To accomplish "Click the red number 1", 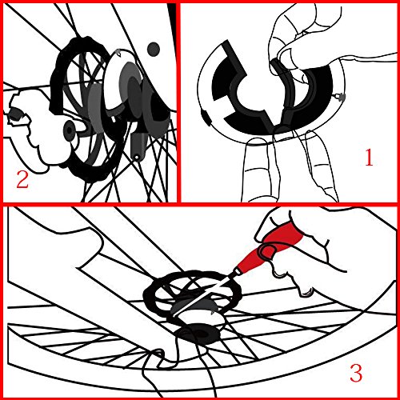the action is [x=369, y=158].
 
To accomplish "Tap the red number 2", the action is [x=22, y=179].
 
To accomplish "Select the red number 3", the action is [x=356, y=373].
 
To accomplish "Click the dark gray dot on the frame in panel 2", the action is [x=154, y=50].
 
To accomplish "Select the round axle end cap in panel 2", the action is [x=70, y=130].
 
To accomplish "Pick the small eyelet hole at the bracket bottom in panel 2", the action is [x=137, y=158].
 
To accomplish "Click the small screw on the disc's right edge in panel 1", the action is [x=339, y=97].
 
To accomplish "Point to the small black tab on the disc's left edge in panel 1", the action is [x=206, y=118].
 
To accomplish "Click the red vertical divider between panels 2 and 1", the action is [x=178, y=102].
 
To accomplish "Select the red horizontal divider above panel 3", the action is [x=200, y=204].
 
